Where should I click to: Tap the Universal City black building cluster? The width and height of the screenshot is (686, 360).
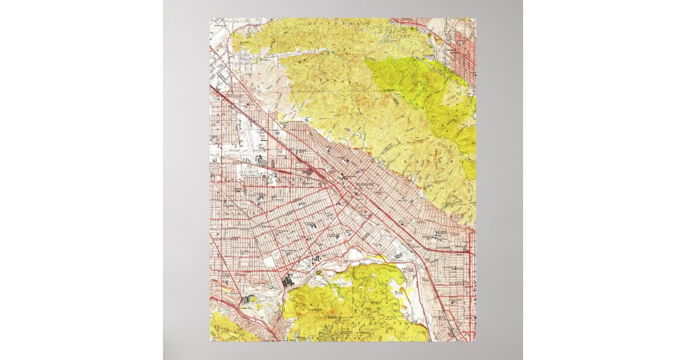click(248, 298)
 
